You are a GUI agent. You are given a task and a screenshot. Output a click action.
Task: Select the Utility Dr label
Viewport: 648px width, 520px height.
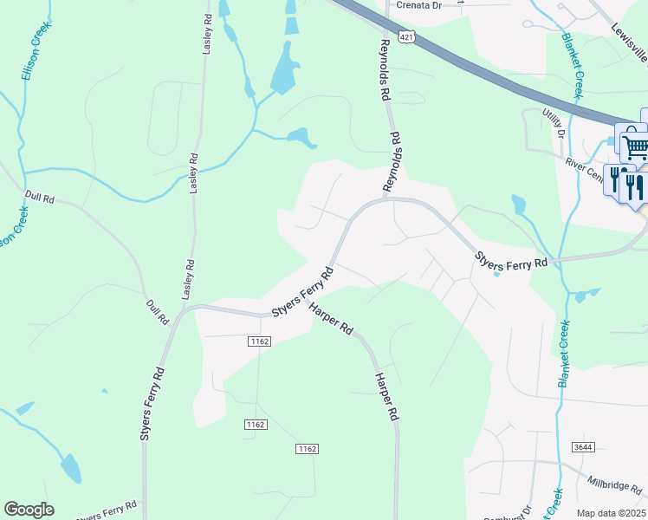point(554,123)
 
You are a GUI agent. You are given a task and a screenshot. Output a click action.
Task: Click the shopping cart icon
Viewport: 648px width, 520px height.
point(634,143)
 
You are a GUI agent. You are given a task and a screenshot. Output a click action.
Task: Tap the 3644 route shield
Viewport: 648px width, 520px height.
point(582,447)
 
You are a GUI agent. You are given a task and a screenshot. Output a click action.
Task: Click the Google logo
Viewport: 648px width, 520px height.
point(29,509)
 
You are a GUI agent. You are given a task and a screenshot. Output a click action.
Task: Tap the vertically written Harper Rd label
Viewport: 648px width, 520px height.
point(386,398)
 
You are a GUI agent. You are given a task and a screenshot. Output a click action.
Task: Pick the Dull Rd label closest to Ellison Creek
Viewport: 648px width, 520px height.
point(40,198)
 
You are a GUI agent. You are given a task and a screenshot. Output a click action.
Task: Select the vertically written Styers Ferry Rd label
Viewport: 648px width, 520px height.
point(152,405)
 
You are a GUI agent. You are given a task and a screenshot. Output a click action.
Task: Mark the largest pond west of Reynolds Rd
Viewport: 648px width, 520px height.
point(284,70)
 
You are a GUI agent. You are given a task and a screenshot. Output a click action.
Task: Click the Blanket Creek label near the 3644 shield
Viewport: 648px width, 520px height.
point(565,354)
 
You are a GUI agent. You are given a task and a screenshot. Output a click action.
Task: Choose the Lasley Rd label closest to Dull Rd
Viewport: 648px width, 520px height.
point(187,279)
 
